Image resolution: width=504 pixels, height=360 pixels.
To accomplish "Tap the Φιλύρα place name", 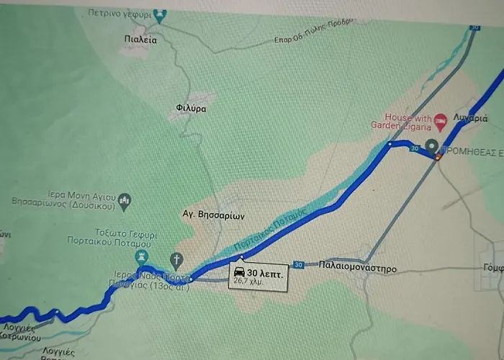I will [191, 109].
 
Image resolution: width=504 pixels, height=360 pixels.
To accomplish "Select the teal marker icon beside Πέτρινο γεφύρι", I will [160, 14].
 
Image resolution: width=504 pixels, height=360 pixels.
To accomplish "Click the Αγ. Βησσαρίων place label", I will [214, 215].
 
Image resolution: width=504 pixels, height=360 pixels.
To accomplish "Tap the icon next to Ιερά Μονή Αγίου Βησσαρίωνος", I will [125, 198].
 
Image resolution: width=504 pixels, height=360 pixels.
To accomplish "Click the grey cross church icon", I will [176, 259].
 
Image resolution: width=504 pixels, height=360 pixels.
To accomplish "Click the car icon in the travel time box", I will [238, 273].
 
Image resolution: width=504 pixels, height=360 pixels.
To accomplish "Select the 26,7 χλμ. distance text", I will [249, 283].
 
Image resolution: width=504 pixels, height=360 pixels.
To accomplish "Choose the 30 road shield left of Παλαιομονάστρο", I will [299, 265].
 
